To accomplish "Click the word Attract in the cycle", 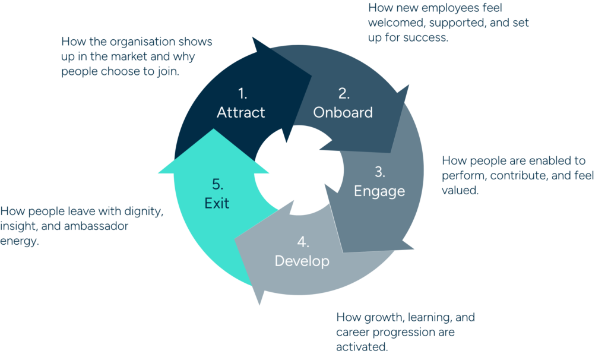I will pyautogui.click(x=240, y=112).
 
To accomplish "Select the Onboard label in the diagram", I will pyautogui.click(x=343, y=112).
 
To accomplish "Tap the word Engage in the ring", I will pyautogui.click(x=379, y=191).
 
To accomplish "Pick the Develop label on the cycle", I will pyautogui.click(x=302, y=261).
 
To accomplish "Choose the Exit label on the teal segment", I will pyautogui.click(x=217, y=204).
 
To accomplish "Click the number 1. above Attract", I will pyautogui.click(x=242, y=93).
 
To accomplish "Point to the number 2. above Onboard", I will pyautogui.click(x=344, y=93).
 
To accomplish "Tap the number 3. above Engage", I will pyautogui.click(x=380, y=172).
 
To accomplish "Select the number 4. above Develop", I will pyautogui.click(x=303, y=242).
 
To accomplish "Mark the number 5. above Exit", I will pyautogui.click(x=217, y=185).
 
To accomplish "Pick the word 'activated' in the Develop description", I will pyautogui.click(x=360, y=346).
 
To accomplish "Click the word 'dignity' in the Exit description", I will pyautogui.click(x=141, y=211).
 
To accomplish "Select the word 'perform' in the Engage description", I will pyautogui.click(x=462, y=176).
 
